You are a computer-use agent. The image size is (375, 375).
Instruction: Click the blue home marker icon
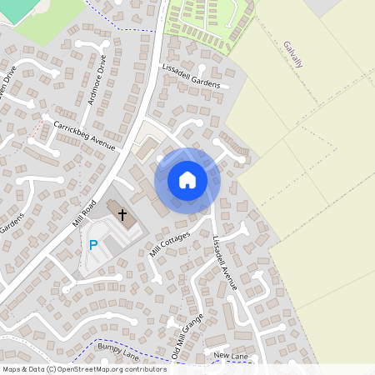click(x=187, y=179)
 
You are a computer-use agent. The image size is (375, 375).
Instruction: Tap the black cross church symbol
click(x=122, y=215)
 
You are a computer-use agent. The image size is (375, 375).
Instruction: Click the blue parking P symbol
click(x=93, y=245)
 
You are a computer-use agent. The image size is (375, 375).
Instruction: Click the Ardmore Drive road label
click(x=97, y=81)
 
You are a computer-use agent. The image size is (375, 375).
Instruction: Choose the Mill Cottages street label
click(x=169, y=244)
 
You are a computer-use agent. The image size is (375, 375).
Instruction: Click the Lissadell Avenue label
click(x=225, y=262)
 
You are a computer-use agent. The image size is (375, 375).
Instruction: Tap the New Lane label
click(x=232, y=356)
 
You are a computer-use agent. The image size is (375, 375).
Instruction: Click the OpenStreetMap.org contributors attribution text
click(x=112, y=368)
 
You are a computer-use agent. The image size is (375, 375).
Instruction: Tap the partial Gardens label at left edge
click(x=11, y=224)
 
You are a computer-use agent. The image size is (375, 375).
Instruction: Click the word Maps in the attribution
click(x=12, y=368)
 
